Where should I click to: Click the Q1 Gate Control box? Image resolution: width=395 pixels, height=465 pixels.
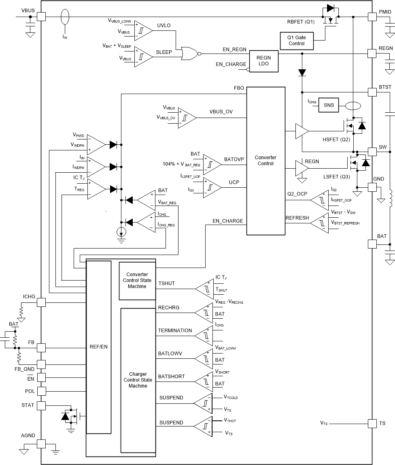[297, 41]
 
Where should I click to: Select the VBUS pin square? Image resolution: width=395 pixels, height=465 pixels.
[41, 17]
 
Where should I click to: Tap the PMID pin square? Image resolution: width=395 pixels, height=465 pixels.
[372, 17]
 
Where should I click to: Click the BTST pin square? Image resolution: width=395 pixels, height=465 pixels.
[372, 92]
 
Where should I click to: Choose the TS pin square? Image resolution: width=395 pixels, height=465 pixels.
[372, 423]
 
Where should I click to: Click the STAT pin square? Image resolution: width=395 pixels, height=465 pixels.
[41, 405]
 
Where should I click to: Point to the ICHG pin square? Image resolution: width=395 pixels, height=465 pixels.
[41, 302]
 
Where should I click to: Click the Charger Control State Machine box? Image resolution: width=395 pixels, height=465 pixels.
[138, 380]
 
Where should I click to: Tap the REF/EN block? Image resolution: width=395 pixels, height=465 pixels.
[99, 347]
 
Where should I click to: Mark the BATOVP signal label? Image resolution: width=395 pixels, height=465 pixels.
[234, 159]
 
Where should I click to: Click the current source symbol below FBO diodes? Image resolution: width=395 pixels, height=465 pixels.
[121, 232]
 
